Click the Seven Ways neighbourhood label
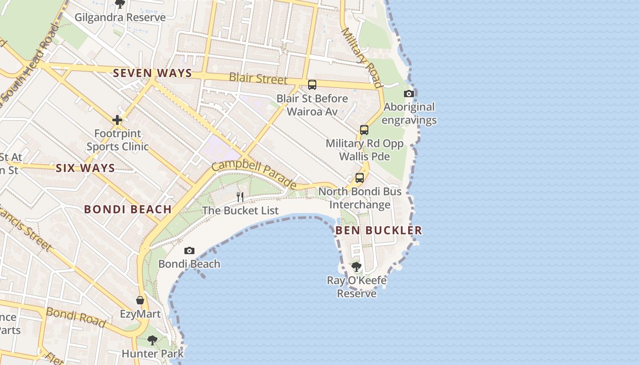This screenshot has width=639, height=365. coord(152,73)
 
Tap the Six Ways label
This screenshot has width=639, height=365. coord(85,168)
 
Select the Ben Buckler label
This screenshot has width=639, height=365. coord(379,230)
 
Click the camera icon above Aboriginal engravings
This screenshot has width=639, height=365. coord(409,94)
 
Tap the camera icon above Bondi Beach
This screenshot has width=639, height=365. coord(189,251)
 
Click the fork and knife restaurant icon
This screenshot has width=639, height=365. coord(240,197)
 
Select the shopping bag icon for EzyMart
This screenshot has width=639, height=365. coord(140,300)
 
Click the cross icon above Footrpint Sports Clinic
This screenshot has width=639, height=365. coord(117,120)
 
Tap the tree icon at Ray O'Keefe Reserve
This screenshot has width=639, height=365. coord(356,266)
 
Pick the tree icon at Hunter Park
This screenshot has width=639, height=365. coord(152,340)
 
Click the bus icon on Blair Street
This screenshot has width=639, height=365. coord(312,84)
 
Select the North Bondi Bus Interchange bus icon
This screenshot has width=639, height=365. coord(360,178)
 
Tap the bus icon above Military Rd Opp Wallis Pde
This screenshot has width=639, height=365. coord(364,130)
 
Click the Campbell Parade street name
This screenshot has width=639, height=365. coord(254,174)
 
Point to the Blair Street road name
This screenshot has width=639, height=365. coord(258,78)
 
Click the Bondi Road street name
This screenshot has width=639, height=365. coord(76,317)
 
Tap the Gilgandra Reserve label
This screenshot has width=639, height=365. coord(120,17)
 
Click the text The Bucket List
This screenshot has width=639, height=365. coord(240,210)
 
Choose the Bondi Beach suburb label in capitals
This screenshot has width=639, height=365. coord(128,209)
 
